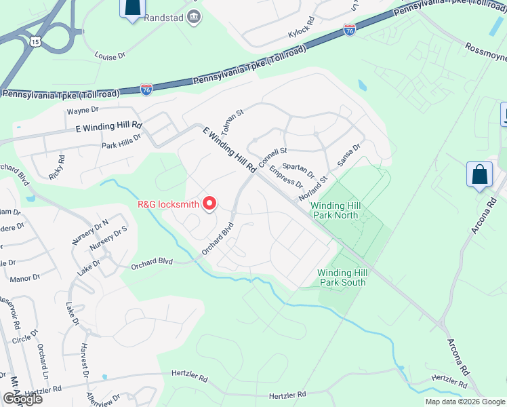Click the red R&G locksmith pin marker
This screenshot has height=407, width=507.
210,203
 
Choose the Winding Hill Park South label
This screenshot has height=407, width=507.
342,277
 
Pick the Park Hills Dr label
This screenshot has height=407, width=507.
121,140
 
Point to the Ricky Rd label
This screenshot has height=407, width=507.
57,168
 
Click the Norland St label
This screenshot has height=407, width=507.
314,188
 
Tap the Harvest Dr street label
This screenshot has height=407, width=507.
85,360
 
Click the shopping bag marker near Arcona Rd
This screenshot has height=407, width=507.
479,174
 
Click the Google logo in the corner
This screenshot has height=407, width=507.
22,398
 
